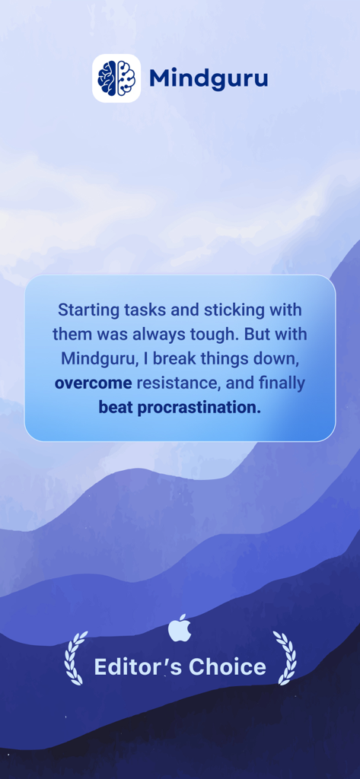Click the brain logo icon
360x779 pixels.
pos(116,78)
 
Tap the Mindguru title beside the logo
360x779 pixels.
pos(209,78)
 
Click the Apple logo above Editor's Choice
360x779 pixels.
pos(180,628)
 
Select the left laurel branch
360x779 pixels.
pos(75,658)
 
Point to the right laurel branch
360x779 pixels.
pos(285,658)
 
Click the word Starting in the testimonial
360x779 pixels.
pos(89,310)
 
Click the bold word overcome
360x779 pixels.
pos(94,383)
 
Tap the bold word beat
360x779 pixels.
pos(116,408)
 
